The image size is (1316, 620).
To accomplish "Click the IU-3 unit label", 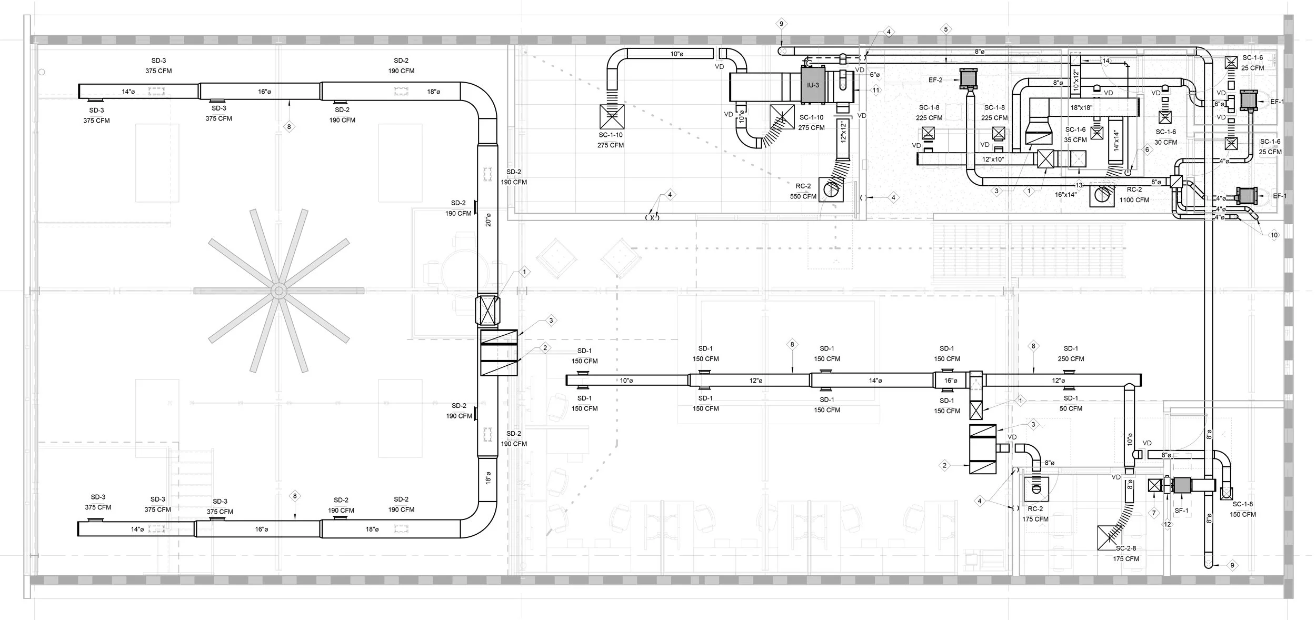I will (x=813, y=85).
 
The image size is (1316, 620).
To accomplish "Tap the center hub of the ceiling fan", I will (x=278, y=291).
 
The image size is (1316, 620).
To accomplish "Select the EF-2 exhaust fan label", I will (x=935, y=81).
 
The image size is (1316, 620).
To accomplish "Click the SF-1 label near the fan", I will (x=1181, y=511).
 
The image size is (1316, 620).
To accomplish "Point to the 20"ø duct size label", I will (x=488, y=219).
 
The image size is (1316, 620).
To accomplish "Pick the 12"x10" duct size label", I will (x=993, y=159).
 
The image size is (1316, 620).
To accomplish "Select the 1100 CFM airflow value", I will (x=1134, y=200).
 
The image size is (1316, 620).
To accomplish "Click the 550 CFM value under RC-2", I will (x=803, y=196).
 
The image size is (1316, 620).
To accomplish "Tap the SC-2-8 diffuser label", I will (x=1125, y=548).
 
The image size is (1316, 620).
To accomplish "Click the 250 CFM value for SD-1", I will (x=1070, y=359).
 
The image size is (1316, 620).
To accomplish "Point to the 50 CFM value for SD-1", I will (x=1071, y=408).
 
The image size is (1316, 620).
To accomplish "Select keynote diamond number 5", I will (x=946, y=29).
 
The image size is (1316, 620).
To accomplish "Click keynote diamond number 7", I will (x=1154, y=513).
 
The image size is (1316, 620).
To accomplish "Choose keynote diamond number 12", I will (x=1168, y=524).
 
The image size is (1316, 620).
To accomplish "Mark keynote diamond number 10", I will (x=1274, y=235).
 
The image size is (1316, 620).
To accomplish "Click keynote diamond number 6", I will (x=1148, y=149).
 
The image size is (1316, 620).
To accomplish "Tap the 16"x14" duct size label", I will (x=1065, y=195).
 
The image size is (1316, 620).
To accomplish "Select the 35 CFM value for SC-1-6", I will (x=1075, y=140).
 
